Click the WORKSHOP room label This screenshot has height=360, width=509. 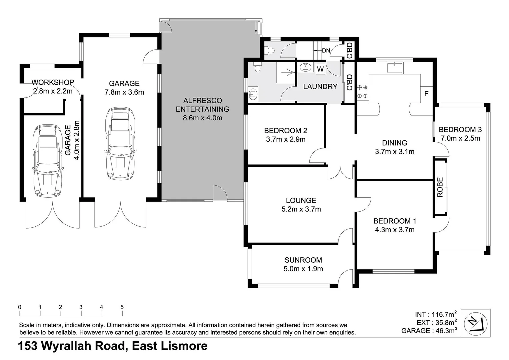click(x=53, y=82)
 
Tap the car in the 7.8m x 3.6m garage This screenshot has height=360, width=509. click(x=121, y=143)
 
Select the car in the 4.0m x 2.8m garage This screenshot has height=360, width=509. click(x=48, y=161)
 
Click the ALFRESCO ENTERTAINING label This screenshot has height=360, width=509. click(x=202, y=105)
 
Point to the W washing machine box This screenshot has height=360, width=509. click(x=320, y=69)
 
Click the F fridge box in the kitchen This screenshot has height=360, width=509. click(x=426, y=94)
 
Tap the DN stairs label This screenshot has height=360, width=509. click(x=326, y=51)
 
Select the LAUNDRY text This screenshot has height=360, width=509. click(x=320, y=87)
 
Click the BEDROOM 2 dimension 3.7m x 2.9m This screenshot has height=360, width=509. click(x=286, y=139)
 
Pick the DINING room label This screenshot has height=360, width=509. click(x=394, y=143)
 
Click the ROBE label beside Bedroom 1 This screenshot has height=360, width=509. click(x=440, y=187)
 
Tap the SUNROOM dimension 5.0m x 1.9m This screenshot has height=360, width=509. click(x=303, y=269)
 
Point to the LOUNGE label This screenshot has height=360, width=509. click(x=301, y=200)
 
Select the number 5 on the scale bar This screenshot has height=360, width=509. click(x=122, y=307)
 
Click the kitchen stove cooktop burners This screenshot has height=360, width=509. click(x=363, y=92)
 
